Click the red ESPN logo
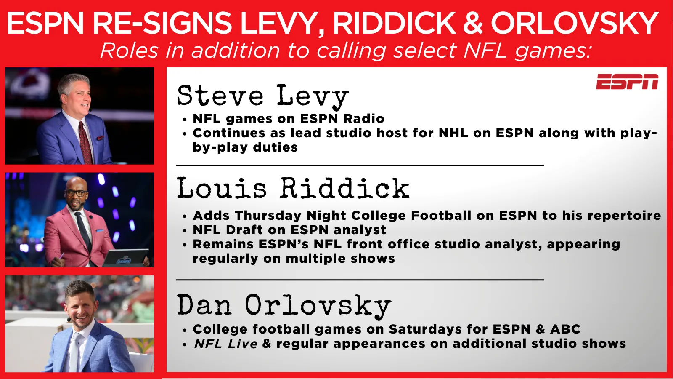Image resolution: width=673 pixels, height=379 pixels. tap(627, 82)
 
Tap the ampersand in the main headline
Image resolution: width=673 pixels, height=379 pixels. tap(473, 23)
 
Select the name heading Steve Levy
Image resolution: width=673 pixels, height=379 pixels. tap(263, 96)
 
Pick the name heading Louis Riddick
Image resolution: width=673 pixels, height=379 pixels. tap(293, 188)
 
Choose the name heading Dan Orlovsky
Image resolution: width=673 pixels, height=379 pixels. tap(284, 306)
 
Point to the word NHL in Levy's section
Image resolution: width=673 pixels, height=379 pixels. tap(453, 133)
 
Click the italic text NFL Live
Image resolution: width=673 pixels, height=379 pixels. tap(225, 344)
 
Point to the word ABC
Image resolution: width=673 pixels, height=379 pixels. tap(565, 329)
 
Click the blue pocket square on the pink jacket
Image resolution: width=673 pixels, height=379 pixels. tap(100, 231)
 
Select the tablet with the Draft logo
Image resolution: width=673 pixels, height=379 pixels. tap(125, 257)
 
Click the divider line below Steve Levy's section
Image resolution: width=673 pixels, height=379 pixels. tap(360, 165)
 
